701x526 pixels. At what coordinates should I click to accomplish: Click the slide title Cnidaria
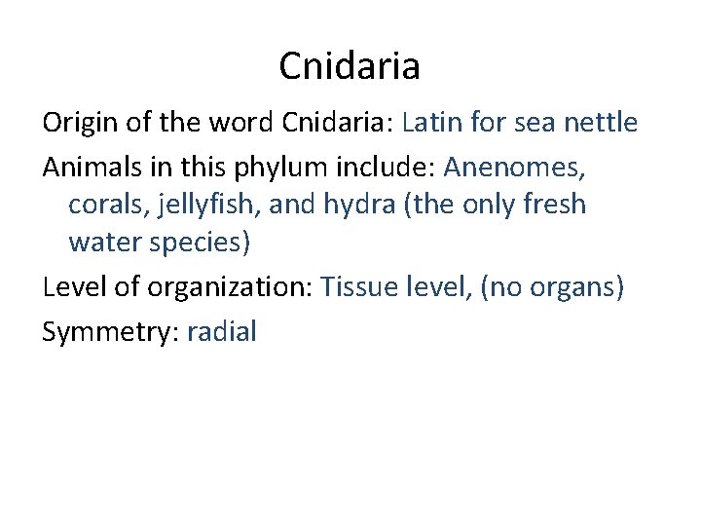[x=350, y=66]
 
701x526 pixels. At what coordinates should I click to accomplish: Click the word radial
[x=221, y=330]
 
